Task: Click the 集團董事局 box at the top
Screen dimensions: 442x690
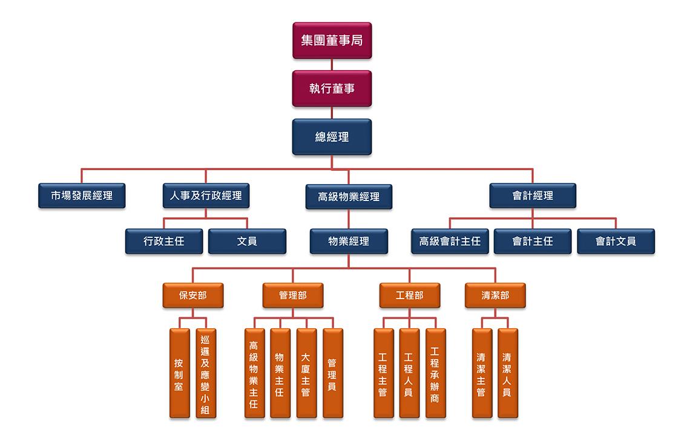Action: pyautogui.click(x=332, y=41)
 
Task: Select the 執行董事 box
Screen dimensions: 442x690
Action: pyautogui.click(x=332, y=88)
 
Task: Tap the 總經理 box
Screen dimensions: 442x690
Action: pyautogui.click(x=332, y=137)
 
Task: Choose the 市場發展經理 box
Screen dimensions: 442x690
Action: pyautogui.click(x=82, y=196)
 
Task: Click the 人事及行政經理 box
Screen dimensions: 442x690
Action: pyautogui.click(x=206, y=196)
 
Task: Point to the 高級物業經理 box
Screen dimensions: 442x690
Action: pyautogui.click(x=349, y=197)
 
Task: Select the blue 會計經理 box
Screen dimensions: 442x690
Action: pyautogui.click(x=533, y=196)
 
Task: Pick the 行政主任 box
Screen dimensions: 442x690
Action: pyautogui.click(x=164, y=241)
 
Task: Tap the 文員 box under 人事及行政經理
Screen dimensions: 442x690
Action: pyautogui.click(x=247, y=241)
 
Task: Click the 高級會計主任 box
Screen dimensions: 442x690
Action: pyautogui.click(x=450, y=241)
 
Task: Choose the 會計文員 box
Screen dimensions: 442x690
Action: pyautogui.click(x=616, y=241)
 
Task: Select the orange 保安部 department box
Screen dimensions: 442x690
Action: pyautogui.click(x=193, y=295)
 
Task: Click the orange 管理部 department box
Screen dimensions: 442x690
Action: pyautogui.click(x=293, y=295)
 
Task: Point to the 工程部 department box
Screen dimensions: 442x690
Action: pyautogui.click(x=410, y=295)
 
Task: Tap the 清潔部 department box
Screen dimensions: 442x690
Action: pyautogui.click(x=495, y=295)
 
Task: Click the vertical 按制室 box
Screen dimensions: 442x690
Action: pyautogui.click(x=180, y=374)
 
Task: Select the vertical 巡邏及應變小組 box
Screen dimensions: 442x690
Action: pyautogui.click(x=206, y=374)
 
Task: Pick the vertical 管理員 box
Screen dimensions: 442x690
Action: pyautogui.click(x=333, y=374)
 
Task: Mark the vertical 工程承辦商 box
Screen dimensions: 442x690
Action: pyautogui.click(x=436, y=374)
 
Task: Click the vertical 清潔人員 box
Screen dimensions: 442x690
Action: pyautogui.click(x=508, y=374)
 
